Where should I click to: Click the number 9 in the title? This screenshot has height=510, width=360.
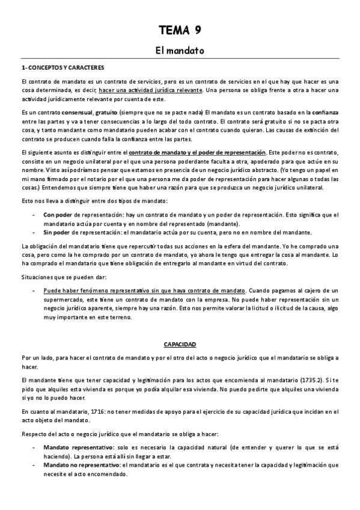pyautogui.click(x=197, y=31)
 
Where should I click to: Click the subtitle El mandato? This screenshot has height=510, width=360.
pyautogui.click(x=180, y=52)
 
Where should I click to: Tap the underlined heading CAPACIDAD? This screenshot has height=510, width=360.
pyautogui.click(x=180, y=345)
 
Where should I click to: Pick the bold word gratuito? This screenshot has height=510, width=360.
pyautogui.click(x=108, y=112)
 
